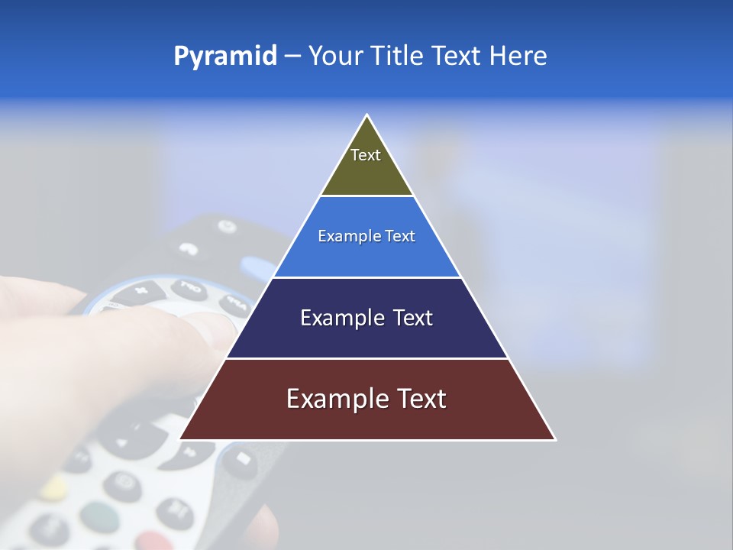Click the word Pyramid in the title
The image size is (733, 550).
224,57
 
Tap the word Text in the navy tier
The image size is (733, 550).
413,318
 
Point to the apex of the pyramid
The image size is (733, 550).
367,116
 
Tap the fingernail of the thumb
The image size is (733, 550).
214,326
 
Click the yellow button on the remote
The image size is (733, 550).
53,487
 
